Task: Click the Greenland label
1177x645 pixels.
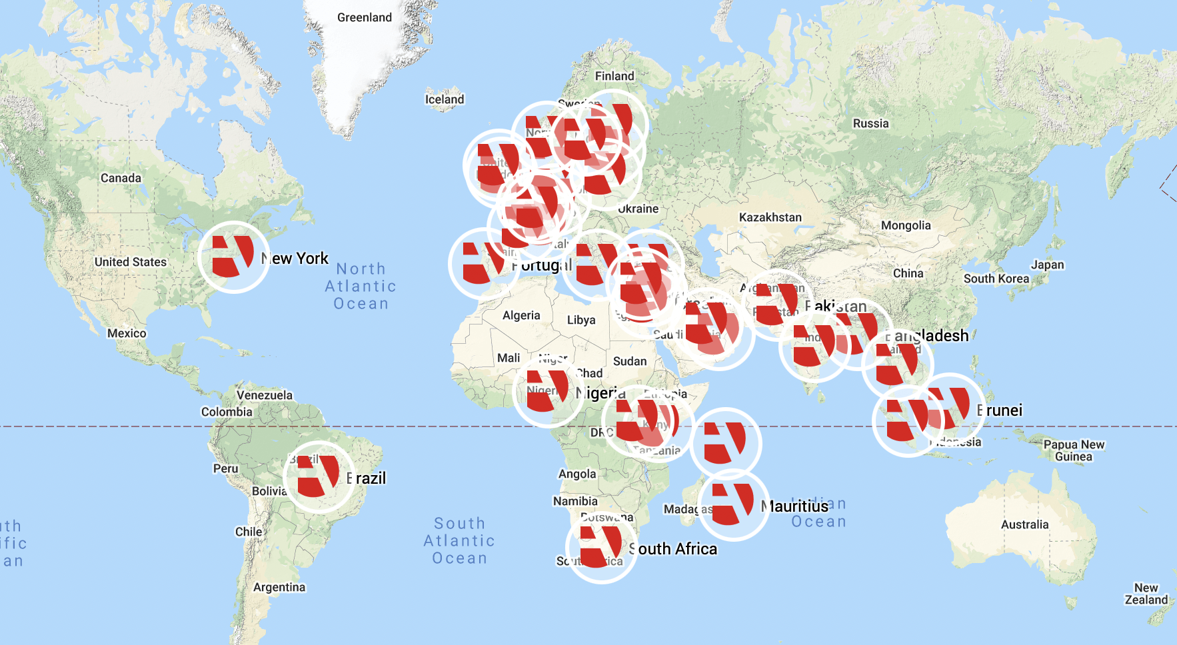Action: pos(364,17)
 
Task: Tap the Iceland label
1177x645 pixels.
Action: pos(445,99)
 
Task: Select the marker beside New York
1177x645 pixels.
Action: pos(233,257)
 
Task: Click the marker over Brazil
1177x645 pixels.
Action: pos(319,477)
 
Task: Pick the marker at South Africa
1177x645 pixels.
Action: pos(601,547)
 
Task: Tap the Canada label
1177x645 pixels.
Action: pos(121,178)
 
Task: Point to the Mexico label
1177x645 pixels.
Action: pos(127,333)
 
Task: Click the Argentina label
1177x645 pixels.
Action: pos(279,587)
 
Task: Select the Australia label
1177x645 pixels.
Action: pos(1024,524)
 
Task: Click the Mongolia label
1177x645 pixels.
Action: pos(906,225)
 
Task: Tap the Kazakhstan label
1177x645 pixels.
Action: pos(770,217)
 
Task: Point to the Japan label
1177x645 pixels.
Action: pos(1047,265)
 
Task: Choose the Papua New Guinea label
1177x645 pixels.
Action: pos(1073,450)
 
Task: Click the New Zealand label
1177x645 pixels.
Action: pos(1146,594)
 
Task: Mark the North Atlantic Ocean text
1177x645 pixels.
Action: pos(361,287)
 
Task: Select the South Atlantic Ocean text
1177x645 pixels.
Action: pos(459,541)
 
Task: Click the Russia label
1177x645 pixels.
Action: pos(870,123)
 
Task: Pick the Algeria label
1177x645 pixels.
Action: pos(521,315)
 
